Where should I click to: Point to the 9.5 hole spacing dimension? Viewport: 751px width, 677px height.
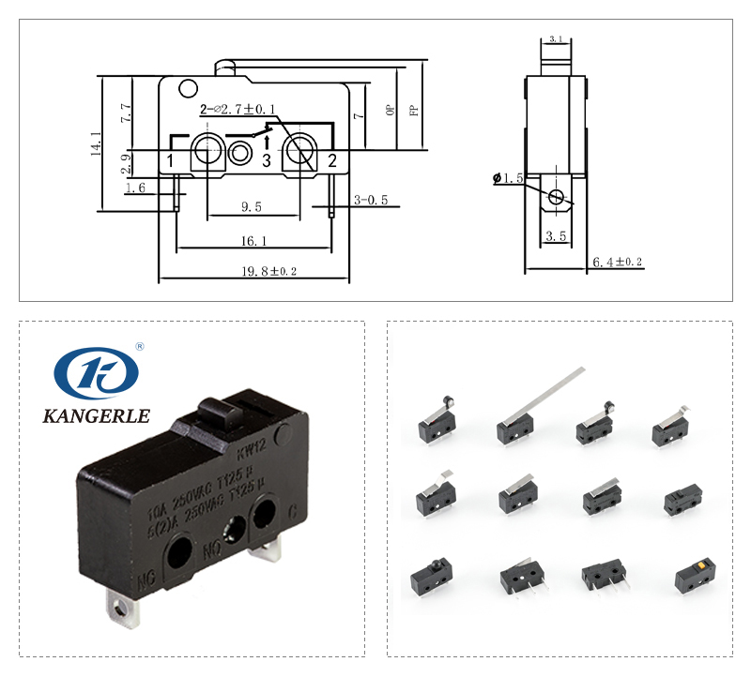(x=251, y=206)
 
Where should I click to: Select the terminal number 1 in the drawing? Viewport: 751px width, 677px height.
(x=171, y=161)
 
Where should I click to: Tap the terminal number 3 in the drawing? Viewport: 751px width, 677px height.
(x=267, y=161)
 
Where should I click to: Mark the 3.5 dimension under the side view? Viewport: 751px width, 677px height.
(x=556, y=236)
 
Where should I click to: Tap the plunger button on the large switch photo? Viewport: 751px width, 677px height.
(x=218, y=412)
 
